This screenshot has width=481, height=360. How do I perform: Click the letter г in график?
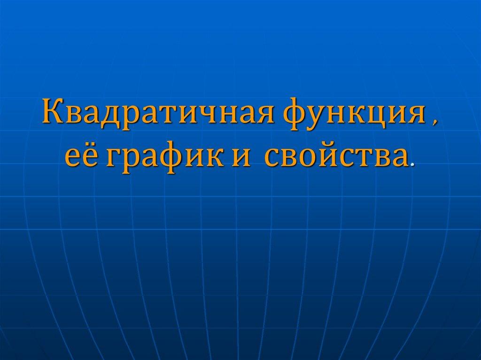(x=113, y=158)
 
